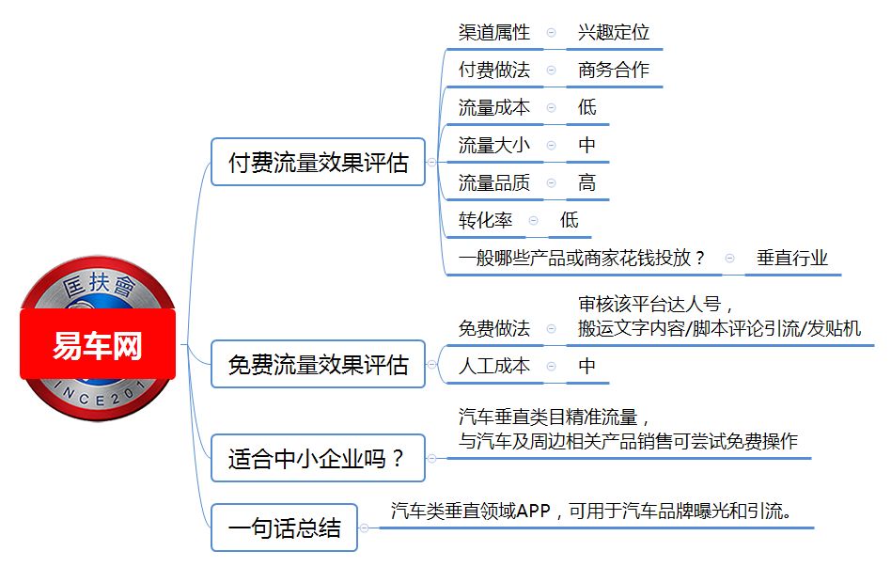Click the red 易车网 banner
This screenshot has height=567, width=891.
pos(98,344)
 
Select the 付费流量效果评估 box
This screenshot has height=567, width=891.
pos(319,162)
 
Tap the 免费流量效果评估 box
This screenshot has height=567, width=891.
pos(319,364)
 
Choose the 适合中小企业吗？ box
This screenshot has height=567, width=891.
pos(319,458)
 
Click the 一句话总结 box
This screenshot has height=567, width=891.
pos(284,528)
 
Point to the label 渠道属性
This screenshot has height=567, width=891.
pos(494,32)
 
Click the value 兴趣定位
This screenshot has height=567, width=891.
pos(614,32)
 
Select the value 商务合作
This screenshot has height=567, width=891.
pos(614,70)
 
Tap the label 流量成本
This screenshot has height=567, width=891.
pos(494,107)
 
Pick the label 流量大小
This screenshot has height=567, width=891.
pos(494,145)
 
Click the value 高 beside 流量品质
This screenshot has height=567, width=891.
pos(587,182)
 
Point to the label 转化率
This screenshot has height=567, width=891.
pos(485,220)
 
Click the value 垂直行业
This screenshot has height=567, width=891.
pos(792,258)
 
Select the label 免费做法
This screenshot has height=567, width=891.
pos(494,328)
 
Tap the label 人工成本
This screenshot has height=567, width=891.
pos(494,366)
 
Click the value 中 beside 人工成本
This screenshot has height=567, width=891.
pos(587,366)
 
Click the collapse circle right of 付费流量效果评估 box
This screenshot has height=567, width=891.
pos(431,163)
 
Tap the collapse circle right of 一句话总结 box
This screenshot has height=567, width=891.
pos(365,528)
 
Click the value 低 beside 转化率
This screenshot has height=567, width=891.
pos(569,220)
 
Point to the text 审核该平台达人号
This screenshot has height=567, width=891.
pos(649,305)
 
